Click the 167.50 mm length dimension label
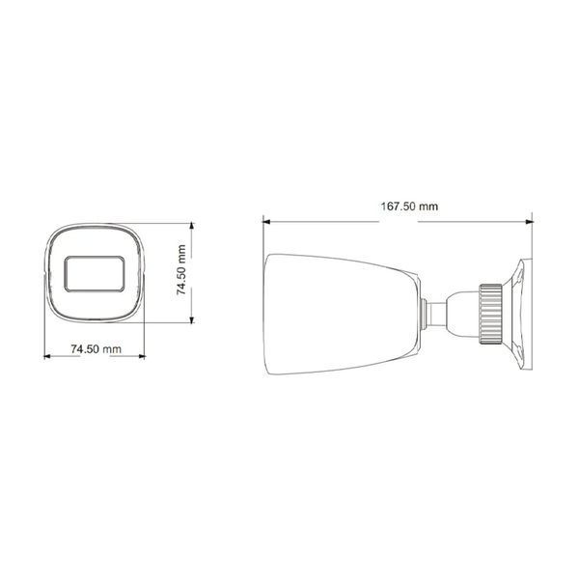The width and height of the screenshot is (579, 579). tap(409, 207)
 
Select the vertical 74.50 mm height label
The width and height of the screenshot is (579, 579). tap(181, 269)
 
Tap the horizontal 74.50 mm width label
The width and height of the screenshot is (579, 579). tap(96, 348)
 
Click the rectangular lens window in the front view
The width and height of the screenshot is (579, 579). tap(95, 274)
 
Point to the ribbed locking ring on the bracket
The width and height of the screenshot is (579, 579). tap(491, 314)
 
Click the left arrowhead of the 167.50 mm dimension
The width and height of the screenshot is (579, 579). tap(266, 222)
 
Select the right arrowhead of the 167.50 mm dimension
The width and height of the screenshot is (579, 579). tap(530, 222)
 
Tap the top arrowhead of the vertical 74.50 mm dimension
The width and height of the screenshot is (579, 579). tap(191, 227)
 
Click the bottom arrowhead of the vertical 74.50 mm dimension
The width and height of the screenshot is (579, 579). tap(191, 319)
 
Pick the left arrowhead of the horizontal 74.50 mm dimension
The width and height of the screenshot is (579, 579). tap(47, 356)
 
